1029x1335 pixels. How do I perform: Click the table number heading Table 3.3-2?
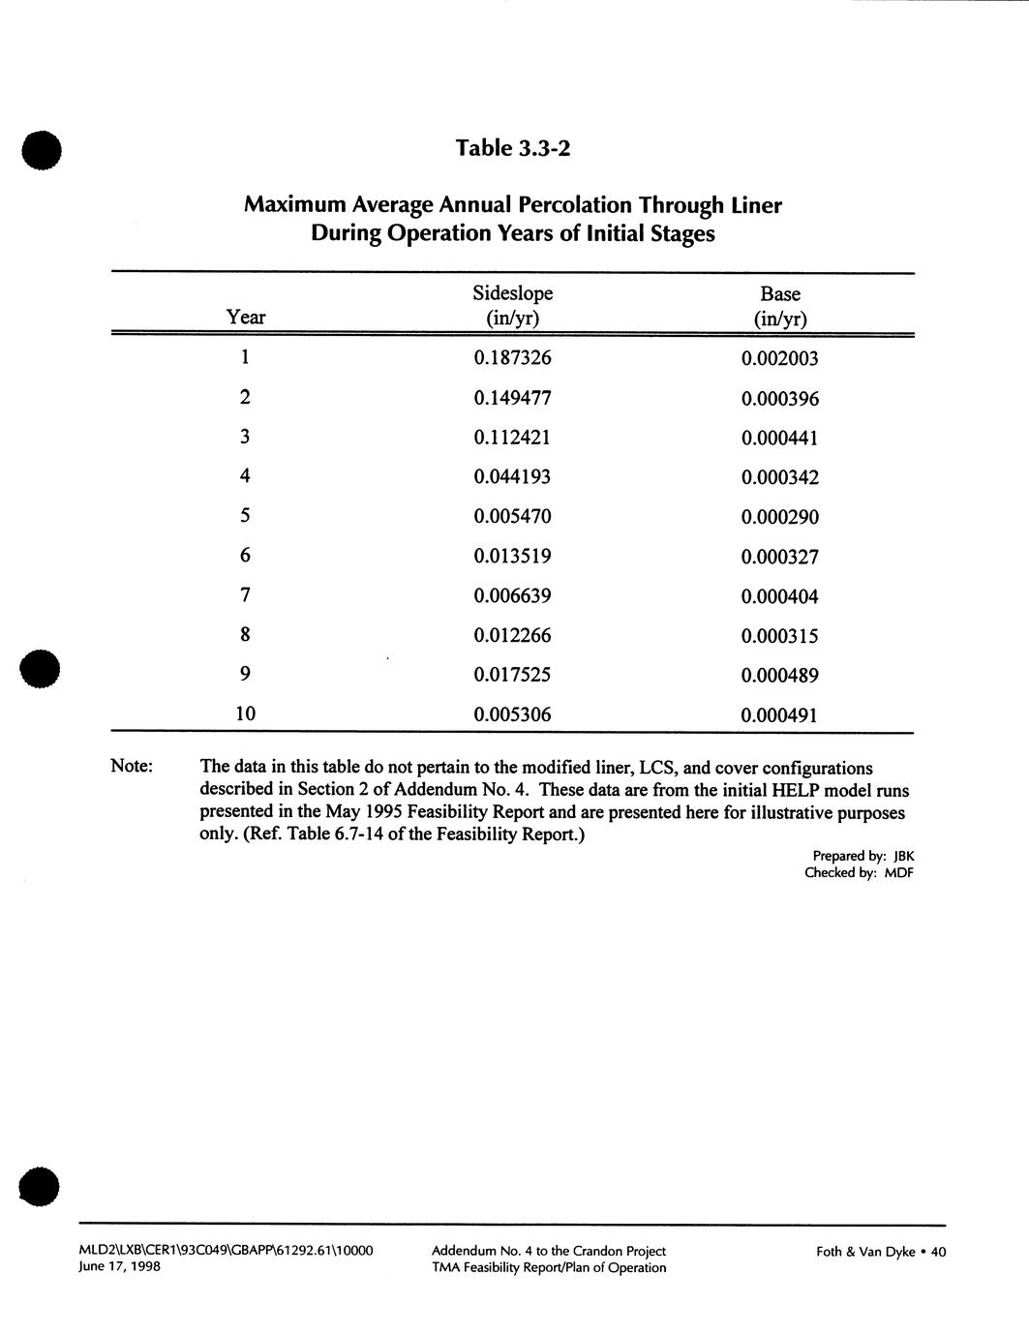(x=513, y=148)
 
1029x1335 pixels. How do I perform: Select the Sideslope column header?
(x=512, y=294)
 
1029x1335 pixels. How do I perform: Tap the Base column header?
(x=779, y=294)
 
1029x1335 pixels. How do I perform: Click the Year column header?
(x=246, y=318)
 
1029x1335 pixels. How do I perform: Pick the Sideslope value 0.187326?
(x=512, y=358)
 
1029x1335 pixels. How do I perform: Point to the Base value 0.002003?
(x=779, y=359)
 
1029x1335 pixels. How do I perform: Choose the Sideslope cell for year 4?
(x=512, y=477)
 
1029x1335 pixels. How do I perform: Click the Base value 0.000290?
(x=779, y=518)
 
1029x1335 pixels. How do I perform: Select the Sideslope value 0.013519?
(x=512, y=557)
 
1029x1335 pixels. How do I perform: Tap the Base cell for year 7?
(x=779, y=597)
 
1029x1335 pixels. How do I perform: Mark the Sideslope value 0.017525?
(x=512, y=676)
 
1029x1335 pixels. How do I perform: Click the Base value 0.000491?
(x=779, y=716)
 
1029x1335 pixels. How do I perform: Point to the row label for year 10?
(x=246, y=714)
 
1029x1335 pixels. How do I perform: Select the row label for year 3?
(x=246, y=438)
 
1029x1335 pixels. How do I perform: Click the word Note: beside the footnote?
(x=132, y=767)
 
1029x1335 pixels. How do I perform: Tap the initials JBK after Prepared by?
(x=903, y=856)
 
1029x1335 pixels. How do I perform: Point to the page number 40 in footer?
(x=937, y=1252)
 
